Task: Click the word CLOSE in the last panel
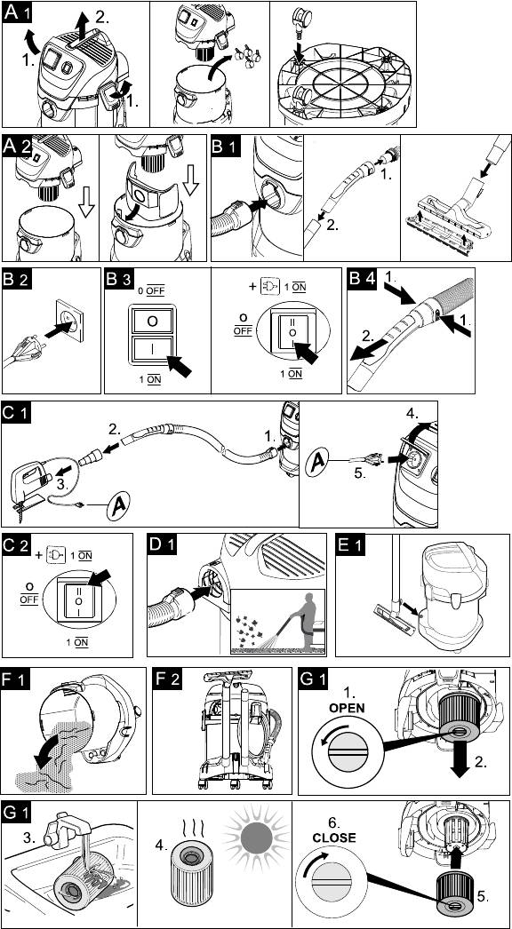click(335, 838)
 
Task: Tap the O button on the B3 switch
click(152, 322)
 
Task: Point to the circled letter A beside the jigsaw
click(118, 506)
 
